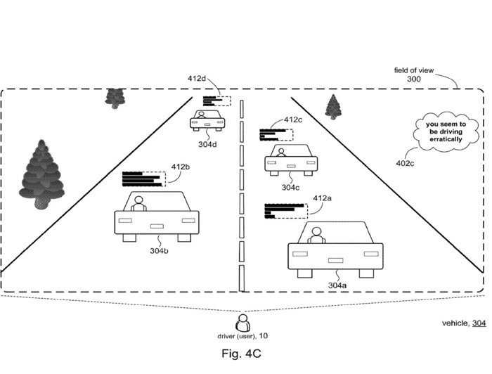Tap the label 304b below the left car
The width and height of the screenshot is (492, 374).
pos(158,251)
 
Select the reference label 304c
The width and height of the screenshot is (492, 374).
pos(291,188)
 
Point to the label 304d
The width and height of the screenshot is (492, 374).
pos(207,146)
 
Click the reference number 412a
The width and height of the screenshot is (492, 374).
pos(323,198)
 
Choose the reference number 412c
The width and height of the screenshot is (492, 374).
pos(294,120)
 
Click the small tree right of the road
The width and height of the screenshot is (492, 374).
pos(333,108)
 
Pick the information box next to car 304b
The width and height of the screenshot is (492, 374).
pos(143,179)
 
